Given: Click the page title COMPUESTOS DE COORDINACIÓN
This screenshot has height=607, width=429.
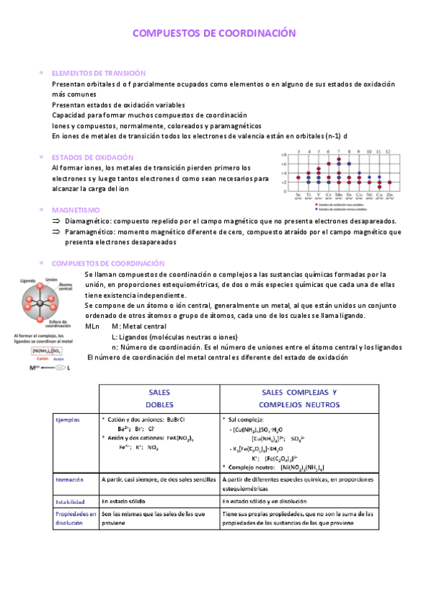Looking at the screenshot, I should (x=214, y=34).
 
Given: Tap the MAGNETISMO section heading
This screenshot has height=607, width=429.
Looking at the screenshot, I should (x=76, y=210).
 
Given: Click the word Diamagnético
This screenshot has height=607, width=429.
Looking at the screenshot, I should (x=89, y=221).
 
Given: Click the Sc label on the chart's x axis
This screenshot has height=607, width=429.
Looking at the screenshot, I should (x=298, y=194).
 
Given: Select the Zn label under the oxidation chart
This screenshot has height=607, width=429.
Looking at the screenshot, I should (x=389, y=194).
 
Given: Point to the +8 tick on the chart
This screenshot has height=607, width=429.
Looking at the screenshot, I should (x=284, y=154).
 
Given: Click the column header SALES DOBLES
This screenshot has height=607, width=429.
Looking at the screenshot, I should (x=158, y=399).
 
